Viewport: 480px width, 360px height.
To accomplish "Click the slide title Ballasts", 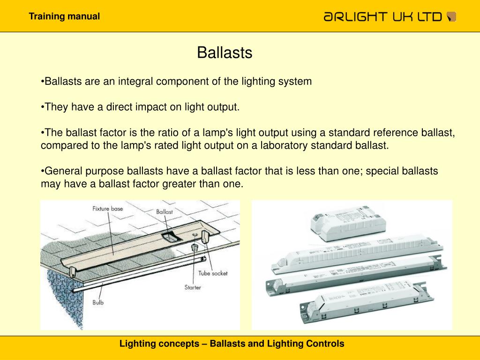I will pos(225,53).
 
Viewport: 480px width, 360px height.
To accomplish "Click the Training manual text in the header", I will pos(64,16).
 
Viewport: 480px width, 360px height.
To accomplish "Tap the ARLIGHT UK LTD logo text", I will pos(382,17).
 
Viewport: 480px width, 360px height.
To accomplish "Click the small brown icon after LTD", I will pos(452,17).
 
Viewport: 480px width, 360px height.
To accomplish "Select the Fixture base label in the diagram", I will pos(107,209).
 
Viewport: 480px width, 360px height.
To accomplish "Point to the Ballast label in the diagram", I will pos(165,212).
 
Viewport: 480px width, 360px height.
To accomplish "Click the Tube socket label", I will pos(212,273).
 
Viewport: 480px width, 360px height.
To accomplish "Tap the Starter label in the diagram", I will pos(192,287).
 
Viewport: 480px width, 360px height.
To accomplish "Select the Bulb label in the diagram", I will pos(98,302).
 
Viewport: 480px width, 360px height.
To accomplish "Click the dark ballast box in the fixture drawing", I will pos(169,237).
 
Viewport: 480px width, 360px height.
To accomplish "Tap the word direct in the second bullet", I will pos(120,107).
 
